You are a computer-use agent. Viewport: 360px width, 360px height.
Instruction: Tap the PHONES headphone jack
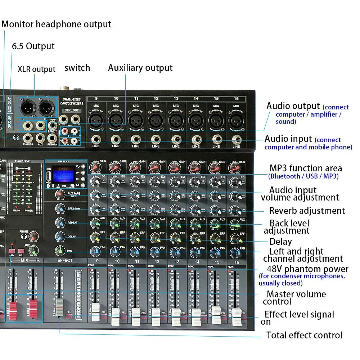(x=28, y=138)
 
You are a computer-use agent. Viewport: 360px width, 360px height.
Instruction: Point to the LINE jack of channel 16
(x=236, y=139)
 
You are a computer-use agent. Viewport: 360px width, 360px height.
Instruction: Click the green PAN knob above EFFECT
(x=60, y=251)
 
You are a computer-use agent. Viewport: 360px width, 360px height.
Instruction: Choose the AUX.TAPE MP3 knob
(x=60, y=195)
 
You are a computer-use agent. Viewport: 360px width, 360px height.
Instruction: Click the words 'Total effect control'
(x=304, y=335)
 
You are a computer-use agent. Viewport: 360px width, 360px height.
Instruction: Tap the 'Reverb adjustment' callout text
(x=307, y=211)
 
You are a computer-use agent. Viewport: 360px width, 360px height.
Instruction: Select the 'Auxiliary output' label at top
(x=140, y=68)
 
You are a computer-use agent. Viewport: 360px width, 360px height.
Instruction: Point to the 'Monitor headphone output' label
(x=57, y=24)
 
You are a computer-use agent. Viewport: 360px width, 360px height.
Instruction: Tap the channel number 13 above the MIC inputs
(x=176, y=98)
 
